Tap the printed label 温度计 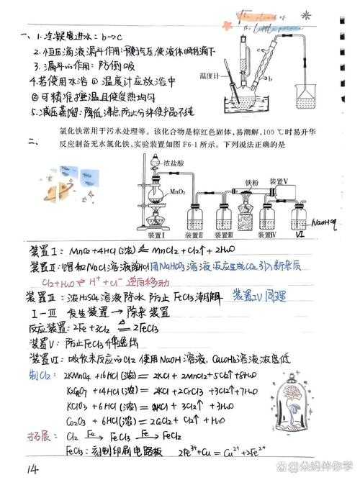point(208,74)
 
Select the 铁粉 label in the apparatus point(252,183)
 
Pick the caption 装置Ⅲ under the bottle point(225,236)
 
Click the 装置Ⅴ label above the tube point(279,181)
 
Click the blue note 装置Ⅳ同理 point(260,296)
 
